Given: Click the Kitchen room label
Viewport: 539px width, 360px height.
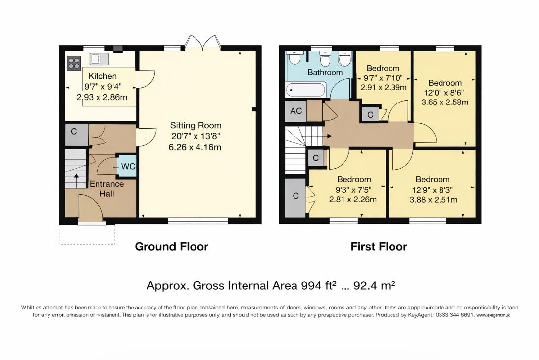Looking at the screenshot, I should coord(102,76).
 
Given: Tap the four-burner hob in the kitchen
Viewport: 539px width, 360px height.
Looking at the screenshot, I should coord(74,63).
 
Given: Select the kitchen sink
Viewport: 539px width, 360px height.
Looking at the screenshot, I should coord(99,59).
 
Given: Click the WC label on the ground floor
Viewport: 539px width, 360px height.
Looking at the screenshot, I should coord(128,167).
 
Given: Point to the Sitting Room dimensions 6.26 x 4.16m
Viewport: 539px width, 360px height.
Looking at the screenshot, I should coord(196,147).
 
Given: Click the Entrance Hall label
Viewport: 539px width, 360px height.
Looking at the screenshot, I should coord(106,189).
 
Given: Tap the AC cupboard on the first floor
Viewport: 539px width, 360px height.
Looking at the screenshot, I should coord(296,111).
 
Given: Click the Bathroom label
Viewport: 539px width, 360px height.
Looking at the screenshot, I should coord(325,72).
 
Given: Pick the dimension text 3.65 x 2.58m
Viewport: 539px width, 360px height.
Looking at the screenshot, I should coord(445,103).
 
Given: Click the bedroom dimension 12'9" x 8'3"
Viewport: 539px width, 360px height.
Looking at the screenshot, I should coord(433,190).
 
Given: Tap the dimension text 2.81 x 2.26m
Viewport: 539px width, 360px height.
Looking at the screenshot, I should coord(353,200).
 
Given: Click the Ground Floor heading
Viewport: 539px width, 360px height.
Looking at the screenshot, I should coord(171,247).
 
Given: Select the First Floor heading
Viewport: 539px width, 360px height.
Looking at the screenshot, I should coord(379,247).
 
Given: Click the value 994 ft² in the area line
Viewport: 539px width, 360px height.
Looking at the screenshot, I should coord(319,286).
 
